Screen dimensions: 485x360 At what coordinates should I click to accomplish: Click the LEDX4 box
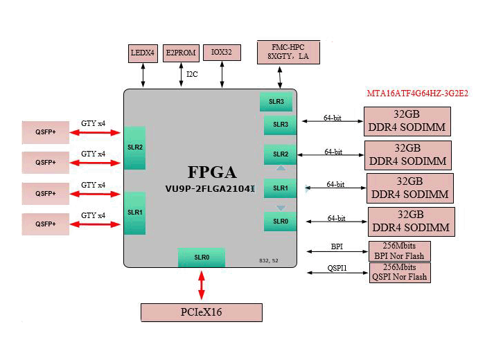pyautogui.click(x=143, y=53)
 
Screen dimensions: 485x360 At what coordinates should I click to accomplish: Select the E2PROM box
pyautogui.click(x=181, y=53)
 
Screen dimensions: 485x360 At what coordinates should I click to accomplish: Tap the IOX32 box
pyautogui.click(x=222, y=53)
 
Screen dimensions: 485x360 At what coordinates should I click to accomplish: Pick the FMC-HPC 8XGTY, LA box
pyautogui.click(x=288, y=52)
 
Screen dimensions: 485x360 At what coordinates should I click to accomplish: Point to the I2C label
pyautogui.click(x=192, y=74)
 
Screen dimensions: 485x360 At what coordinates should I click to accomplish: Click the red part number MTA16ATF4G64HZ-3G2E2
pyautogui.click(x=418, y=93)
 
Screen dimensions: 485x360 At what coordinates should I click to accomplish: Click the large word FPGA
pyautogui.click(x=212, y=172)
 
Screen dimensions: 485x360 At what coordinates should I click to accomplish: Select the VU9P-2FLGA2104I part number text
pyautogui.click(x=210, y=189)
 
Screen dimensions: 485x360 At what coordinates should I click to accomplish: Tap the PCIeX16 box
pyautogui.click(x=202, y=312)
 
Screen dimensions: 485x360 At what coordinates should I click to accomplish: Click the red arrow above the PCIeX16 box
pyautogui.click(x=202, y=285)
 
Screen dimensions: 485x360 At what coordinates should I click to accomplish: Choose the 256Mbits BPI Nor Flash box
pyautogui.click(x=399, y=251)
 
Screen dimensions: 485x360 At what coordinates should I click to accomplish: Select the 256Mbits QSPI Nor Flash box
pyautogui.click(x=400, y=272)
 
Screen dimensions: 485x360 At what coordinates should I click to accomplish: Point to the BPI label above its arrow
pyautogui.click(x=337, y=246)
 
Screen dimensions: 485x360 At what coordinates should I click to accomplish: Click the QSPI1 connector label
pyautogui.click(x=337, y=268)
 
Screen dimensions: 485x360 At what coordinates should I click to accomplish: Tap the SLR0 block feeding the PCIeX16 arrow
pyautogui.click(x=202, y=258)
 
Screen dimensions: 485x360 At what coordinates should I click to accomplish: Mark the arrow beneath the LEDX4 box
pyautogui.click(x=143, y=75)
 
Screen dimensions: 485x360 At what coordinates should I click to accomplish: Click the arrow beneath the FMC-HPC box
pyautogui.click(x=280, y=78)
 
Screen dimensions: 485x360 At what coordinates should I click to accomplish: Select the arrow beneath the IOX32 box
pyautogui.click(x=222, y=75)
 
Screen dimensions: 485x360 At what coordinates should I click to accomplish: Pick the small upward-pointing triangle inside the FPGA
pyautogui.click(x=281, y=168)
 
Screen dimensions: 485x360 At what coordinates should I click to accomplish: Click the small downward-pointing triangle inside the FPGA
pyautogui.click(x=281, y=208)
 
